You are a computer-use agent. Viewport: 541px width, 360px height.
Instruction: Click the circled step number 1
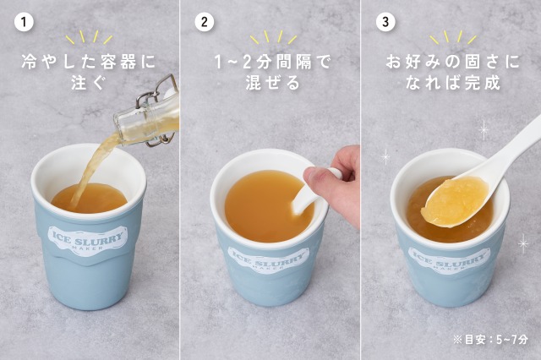pos(24,22)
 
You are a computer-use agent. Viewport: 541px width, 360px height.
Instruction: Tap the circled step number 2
pos(205,22)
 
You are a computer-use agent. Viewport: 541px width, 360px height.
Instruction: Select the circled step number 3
pos(385,22)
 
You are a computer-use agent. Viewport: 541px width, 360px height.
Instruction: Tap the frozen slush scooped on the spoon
pos(455,200)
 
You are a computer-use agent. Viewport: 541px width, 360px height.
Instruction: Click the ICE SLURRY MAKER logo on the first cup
pos(87,239)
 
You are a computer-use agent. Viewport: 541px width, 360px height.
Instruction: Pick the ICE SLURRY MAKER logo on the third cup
pos(449,261)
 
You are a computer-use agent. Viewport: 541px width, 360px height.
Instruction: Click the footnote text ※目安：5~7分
pos(490,340)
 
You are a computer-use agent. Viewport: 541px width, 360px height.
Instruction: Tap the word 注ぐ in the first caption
pos(87,83)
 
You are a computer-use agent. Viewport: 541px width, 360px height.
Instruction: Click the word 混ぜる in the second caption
pos(272,83)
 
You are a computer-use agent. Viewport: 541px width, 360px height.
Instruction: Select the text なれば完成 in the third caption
pos(453,83)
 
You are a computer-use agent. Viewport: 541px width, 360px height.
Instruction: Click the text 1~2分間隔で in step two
pos(272,62)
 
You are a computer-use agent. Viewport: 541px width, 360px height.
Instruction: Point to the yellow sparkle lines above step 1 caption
pos(89,37)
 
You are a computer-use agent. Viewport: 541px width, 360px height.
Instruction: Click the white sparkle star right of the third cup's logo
pos(523,243)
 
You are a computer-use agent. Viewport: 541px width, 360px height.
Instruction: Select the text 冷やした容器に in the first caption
pos(88,62)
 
